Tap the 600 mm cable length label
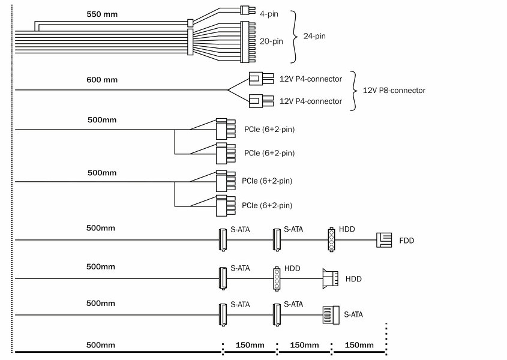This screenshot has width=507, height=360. click(102, 80)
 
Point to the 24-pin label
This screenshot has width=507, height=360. click(314, 37)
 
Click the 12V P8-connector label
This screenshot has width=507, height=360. click(394, 91)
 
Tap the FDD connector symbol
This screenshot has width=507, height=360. click(383, 240)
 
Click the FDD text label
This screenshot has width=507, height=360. click(407, 241)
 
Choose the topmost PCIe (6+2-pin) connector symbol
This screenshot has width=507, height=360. click(222, 128)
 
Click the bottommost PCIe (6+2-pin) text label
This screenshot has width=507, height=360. click(267, 206)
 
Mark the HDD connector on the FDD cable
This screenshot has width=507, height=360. click(331, 239)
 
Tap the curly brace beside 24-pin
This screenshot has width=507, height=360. click(294, 37)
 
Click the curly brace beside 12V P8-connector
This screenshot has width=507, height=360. click(354, 91)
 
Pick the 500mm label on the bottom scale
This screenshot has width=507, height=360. click(101, 345)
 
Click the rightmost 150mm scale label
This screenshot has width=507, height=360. click(359, 345)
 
